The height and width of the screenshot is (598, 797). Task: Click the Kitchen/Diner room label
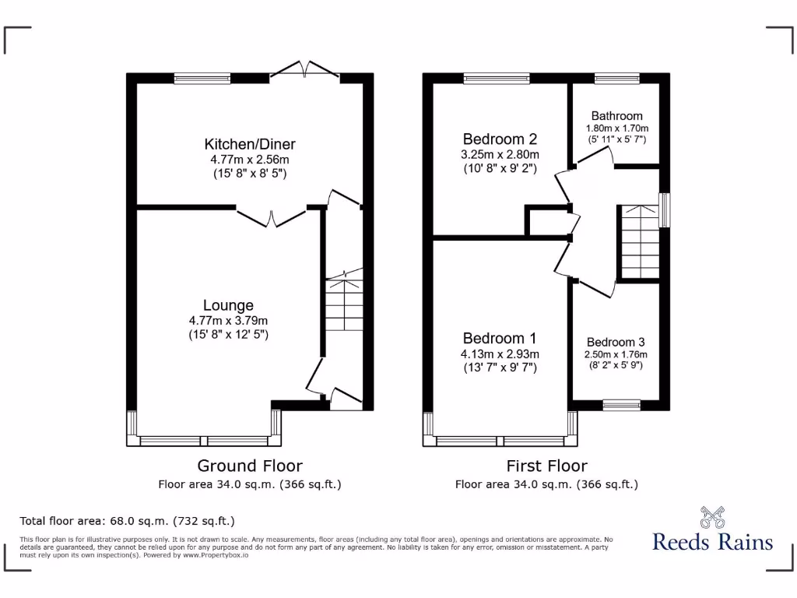[x=250, y=144]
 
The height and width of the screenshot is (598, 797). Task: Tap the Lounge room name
[x=229, y=305]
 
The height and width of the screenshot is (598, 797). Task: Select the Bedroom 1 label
[x=499, y=338]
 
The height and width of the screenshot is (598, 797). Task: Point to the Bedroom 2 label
[x=499, y=139]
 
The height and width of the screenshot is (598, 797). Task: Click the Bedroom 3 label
[x=616, y=342]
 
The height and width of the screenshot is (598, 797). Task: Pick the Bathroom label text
[x=616, y=116]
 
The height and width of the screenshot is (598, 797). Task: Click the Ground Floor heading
[x=250, y=466]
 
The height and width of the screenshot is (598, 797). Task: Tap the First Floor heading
[x=546, y=466]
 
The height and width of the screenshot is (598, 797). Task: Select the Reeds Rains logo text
[x=712, y=542]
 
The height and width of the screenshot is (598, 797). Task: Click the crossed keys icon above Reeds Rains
[x=712, y=516]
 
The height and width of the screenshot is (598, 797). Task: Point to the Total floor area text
[x=127, y=521]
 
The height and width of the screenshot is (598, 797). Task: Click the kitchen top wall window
[x=202, y=77]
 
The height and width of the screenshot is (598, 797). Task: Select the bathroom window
[x=617, y=77]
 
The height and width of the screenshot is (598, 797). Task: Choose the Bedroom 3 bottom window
[x=622, y=404]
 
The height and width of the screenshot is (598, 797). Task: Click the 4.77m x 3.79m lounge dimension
[x=229, y=320]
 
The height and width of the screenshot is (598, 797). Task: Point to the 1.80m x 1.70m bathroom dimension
[x=616, y=128]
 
